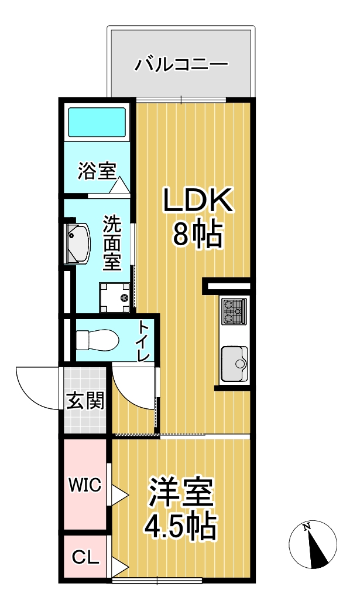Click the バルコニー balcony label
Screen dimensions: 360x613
181,64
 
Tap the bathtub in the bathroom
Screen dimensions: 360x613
97,122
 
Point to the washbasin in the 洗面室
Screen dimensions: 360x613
78,244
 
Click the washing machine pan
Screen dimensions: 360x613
116,297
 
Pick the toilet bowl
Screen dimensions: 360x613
98,340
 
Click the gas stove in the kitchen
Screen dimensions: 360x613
234,311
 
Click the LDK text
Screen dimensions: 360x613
198,200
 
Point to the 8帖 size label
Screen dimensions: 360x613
197,234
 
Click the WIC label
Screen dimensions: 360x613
85,485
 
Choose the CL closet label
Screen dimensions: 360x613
86,557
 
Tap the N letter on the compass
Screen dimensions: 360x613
307,527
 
